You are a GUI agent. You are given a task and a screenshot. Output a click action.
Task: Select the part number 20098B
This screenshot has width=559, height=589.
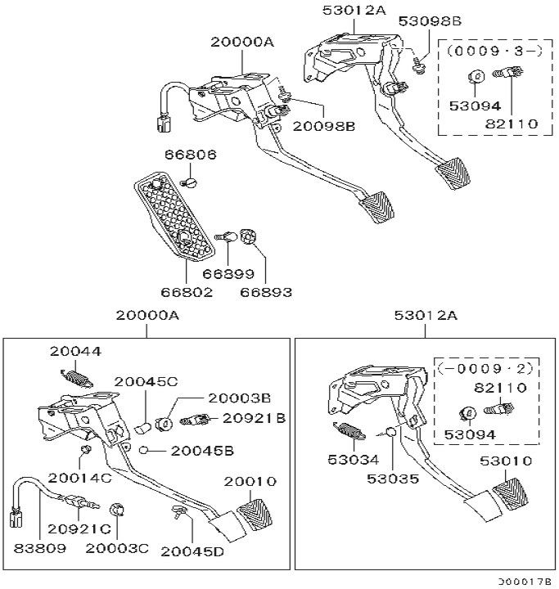tap(326, 125)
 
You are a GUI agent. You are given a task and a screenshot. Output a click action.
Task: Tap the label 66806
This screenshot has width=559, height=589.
tap(189, 154)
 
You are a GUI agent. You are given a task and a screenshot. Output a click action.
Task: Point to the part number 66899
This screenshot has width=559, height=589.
tap(228, 274)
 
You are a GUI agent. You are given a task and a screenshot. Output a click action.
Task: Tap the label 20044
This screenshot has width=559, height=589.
tap(74, 352)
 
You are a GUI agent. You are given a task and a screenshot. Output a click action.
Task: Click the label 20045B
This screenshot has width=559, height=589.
tap(202, 450)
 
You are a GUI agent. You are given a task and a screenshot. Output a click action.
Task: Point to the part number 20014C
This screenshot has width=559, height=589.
tap(79, 476)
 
